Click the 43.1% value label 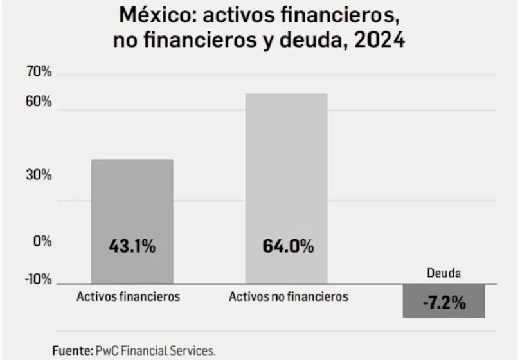[132, 246]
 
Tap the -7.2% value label [444, 303]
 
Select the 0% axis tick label [42, 241]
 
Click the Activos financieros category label [128, 297]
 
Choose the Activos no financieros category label [289, 297]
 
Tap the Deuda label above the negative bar [444, 273]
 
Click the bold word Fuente [72, 351]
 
